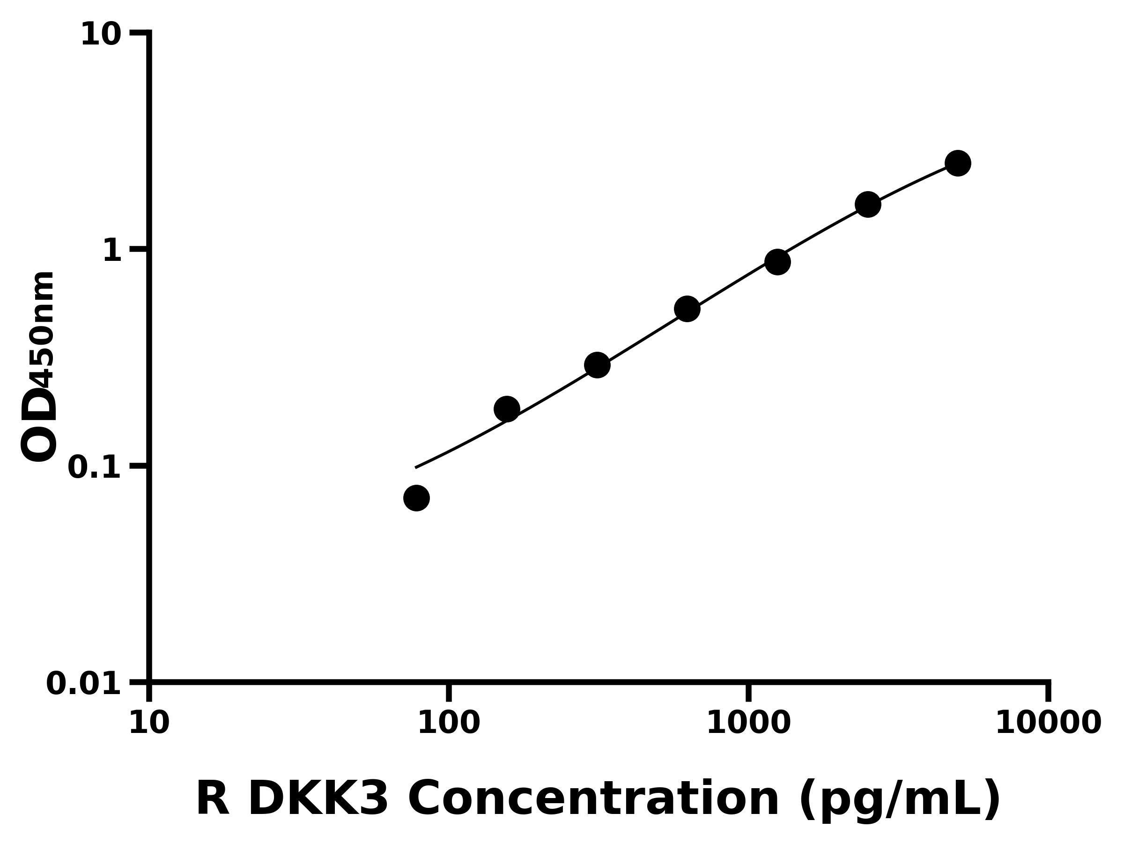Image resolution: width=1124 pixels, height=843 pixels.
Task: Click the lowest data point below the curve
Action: pos(416,498)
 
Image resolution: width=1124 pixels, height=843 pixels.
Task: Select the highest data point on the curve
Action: pos(958,163)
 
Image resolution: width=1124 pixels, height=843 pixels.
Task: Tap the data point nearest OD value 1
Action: pos(777,262)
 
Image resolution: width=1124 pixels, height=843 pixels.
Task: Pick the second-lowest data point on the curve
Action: pos(507,409)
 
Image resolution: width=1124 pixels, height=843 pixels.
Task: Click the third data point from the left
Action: pos(597,365)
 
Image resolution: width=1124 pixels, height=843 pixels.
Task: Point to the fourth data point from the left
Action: pos(687,309)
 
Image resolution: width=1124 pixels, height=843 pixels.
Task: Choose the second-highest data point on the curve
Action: pos(868,204)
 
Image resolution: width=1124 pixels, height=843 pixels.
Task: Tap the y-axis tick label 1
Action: pos(112,251)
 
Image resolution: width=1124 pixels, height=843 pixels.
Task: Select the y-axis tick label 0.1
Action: pos(95,467)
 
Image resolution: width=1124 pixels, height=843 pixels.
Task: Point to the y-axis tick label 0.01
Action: pos(84,684)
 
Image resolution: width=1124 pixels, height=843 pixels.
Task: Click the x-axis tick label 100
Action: pos(449,724)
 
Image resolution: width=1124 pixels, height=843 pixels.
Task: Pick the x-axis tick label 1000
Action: pos(748,724)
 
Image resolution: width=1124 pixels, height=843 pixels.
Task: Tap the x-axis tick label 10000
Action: pos(1048,724)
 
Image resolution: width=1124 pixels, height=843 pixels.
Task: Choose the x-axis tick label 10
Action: pos(149,724)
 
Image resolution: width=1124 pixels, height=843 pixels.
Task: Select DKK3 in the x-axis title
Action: pos(318,799)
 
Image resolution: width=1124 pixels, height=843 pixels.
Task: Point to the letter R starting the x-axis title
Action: pos(213,799)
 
